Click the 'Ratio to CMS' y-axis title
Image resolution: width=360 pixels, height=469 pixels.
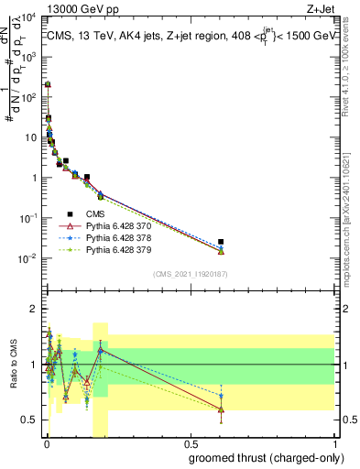[12, 363]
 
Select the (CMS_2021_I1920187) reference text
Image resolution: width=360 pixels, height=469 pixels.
[190, 273]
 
